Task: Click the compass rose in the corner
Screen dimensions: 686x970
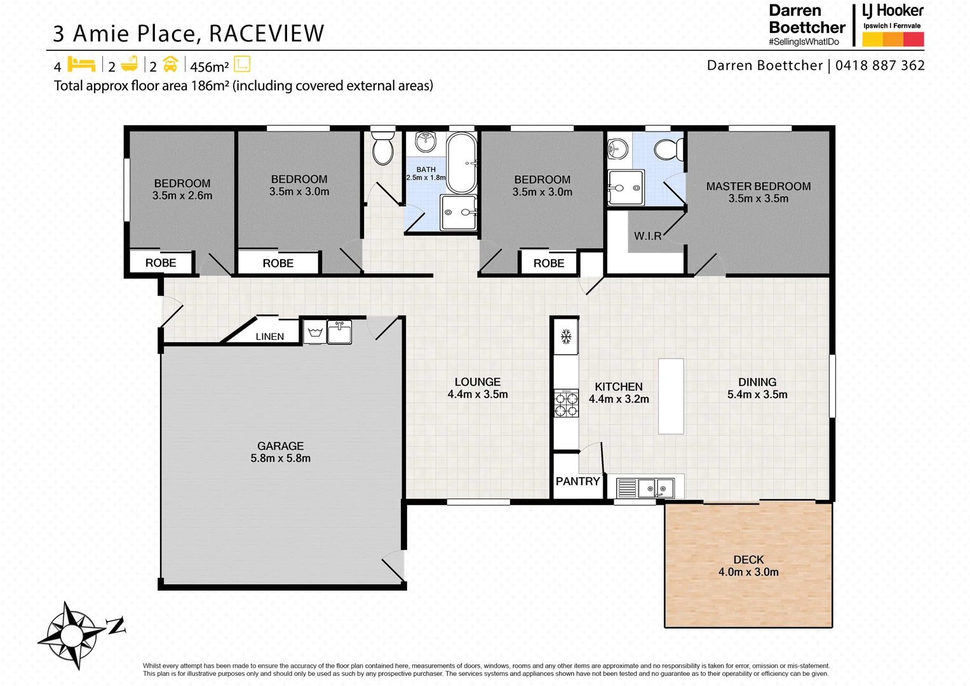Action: [x=72, y=635]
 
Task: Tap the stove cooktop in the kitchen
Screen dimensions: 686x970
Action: [x=567, y=404]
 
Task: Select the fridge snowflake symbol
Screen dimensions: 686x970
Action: [x=566, y=337]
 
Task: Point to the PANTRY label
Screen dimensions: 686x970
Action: [x=577, y=481]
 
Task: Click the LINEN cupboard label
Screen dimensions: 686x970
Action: [x=269, y=337]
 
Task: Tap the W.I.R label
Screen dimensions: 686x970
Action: [x=647, y=236]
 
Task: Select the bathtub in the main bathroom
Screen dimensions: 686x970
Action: [x=462, y=163]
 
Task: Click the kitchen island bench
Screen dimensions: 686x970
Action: [x=671, y=396]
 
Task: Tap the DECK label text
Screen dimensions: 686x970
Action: [x=748, y=560]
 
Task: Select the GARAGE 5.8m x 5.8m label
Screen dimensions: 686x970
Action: [x=280, y=452]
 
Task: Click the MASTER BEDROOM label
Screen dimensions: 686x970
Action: [x=758, y=187]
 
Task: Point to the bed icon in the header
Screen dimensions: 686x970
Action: [x=81, y=65]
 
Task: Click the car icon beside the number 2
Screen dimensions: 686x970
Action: [x=170, y=65]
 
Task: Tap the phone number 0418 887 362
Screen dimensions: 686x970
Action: [x=880, y=65]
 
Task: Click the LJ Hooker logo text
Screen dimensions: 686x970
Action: [x=892, y=11]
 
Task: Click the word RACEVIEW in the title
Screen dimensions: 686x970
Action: [x=267, y=34]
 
